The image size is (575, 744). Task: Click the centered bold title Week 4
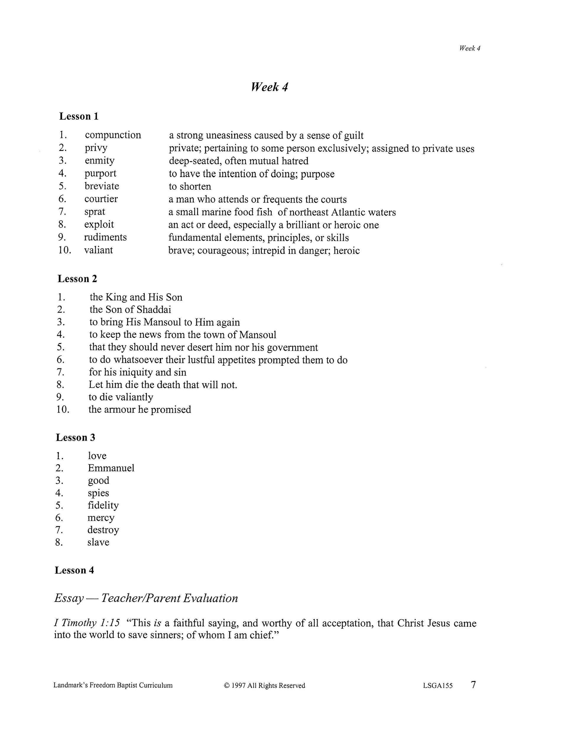point(269,87)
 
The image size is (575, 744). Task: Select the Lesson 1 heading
point(79,116)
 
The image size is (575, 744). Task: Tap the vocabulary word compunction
point(113,135)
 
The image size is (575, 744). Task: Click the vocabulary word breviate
point(102,186)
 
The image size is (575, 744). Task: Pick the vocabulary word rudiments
point(105,237)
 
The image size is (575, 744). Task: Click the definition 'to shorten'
point(190,186)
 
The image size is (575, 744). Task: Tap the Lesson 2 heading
point(77,279)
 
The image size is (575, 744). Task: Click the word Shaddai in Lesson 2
point(154,310)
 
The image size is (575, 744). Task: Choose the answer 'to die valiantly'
point(121,397)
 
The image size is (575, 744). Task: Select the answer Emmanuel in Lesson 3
point(111,468)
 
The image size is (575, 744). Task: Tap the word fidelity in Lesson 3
point(103,505)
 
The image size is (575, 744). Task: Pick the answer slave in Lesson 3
point(98,542)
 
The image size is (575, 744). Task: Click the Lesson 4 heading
point(74,570)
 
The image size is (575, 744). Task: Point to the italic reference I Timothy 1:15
point(87,623)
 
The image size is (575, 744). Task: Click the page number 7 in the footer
point(473,685)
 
